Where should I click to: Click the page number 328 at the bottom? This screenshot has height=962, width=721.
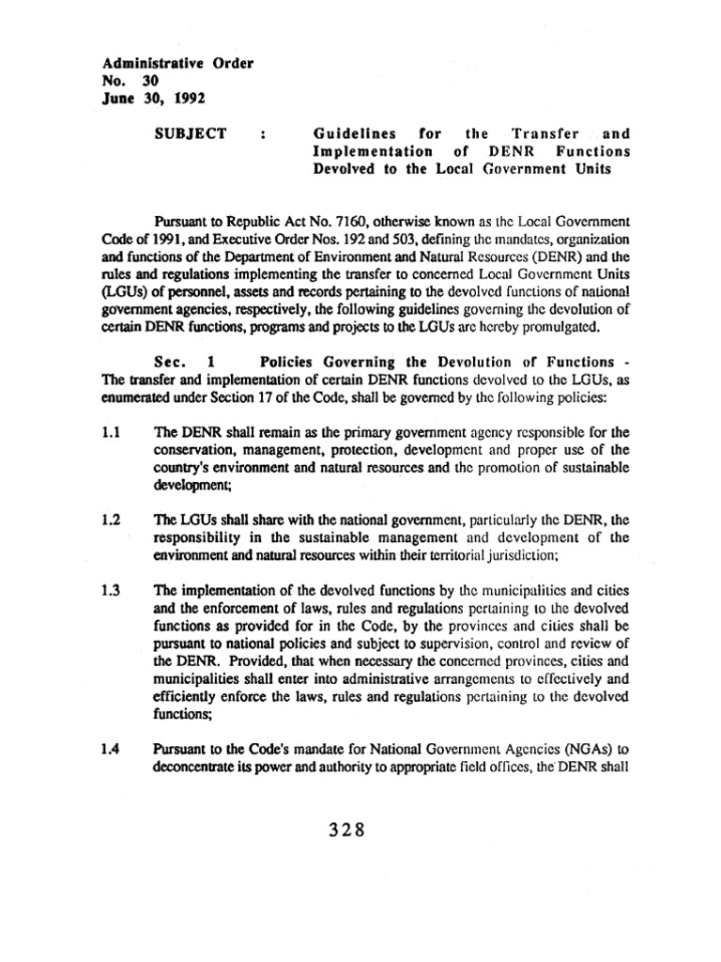click(346, 830)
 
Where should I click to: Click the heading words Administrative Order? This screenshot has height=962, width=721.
click(177, 63)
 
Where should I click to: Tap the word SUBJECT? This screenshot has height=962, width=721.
click(190, 133)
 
